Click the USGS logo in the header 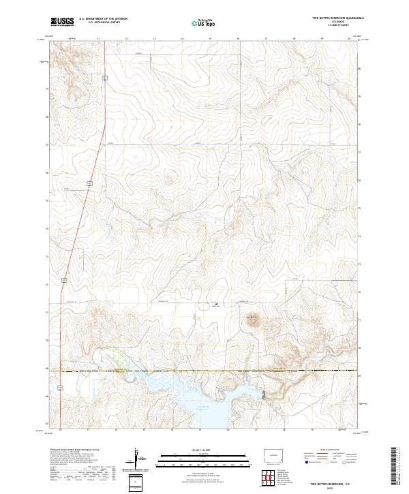(62, 22)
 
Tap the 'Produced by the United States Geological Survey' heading (75, 450)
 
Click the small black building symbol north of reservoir (217, 303)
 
